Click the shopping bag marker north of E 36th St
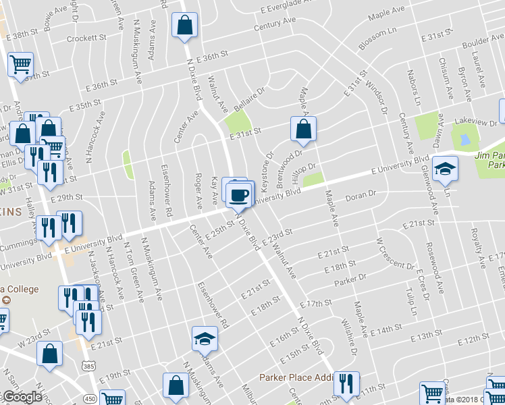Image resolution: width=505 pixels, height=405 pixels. coord(184,27)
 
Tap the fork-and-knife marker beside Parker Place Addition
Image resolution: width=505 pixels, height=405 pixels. coord(346,385)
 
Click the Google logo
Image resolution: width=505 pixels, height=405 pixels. coord(22,398)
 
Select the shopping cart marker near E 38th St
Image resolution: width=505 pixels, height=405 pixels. coord(20,65)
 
